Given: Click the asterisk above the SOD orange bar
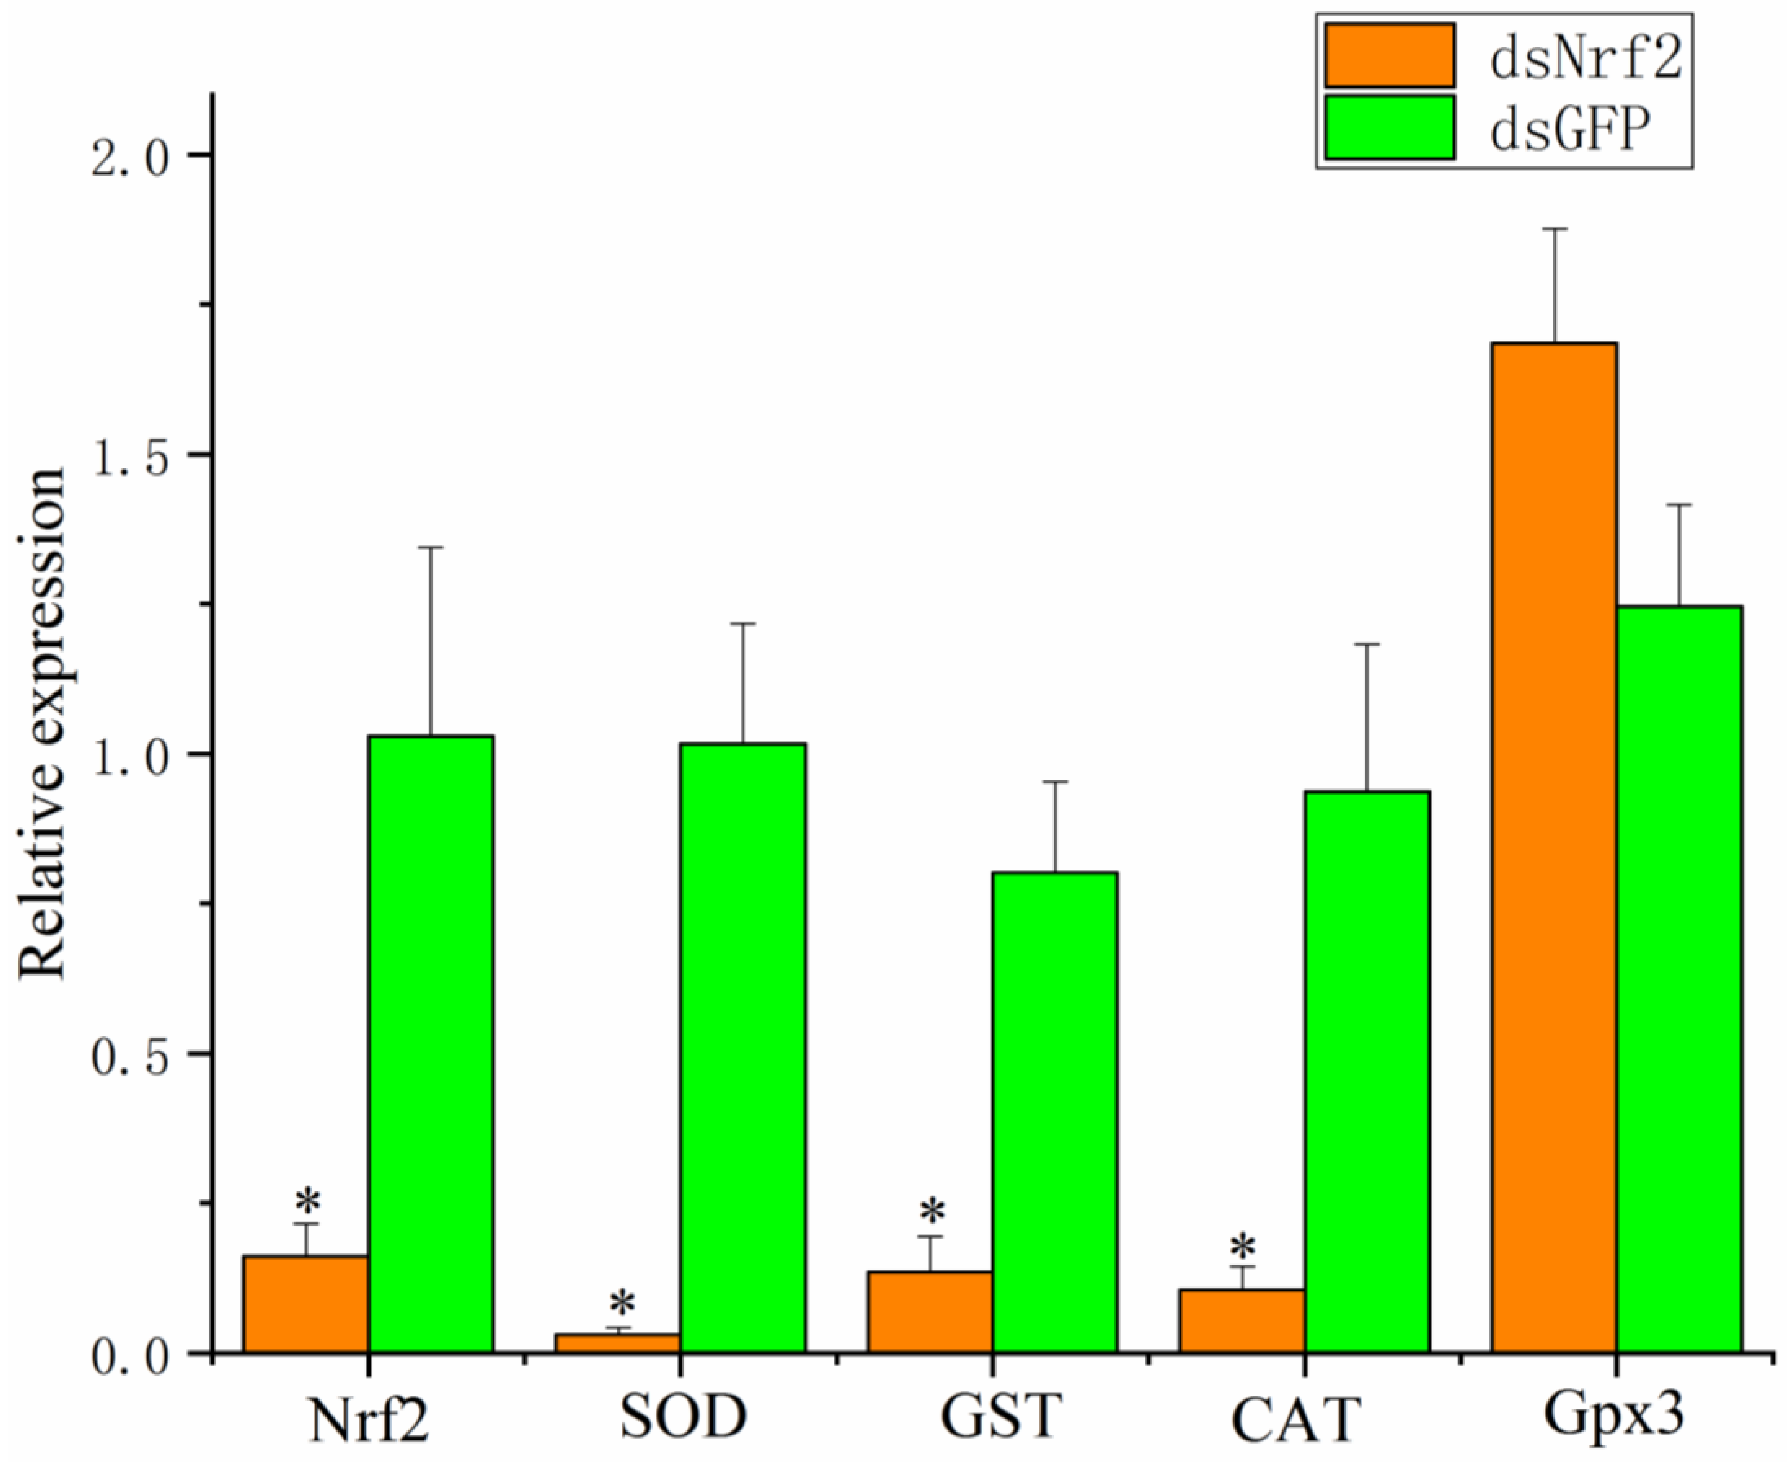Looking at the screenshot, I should [x=622, y=1304].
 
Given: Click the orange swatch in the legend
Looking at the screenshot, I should [x=1389, y=55].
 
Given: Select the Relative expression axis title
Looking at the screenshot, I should [x=42, y=724].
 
